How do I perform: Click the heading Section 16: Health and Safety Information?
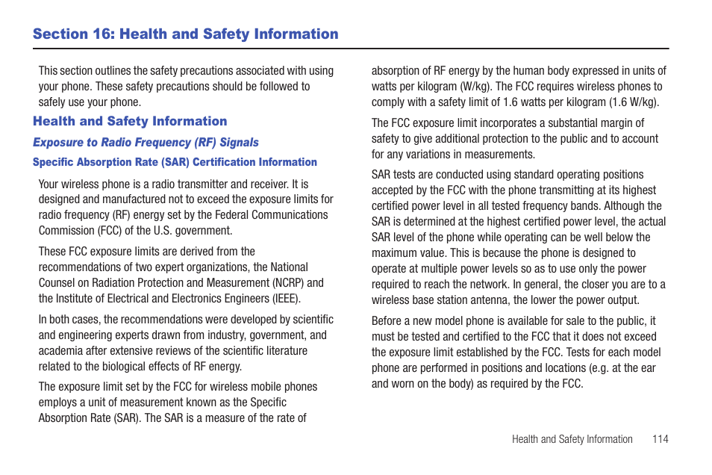185,34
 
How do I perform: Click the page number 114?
660,439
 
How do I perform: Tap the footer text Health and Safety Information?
572,439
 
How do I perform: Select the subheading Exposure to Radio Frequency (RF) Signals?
146,142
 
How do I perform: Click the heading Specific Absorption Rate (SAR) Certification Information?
175,162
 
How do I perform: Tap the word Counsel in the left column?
57,282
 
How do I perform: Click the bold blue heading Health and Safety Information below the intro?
130,121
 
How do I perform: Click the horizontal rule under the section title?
351,49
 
